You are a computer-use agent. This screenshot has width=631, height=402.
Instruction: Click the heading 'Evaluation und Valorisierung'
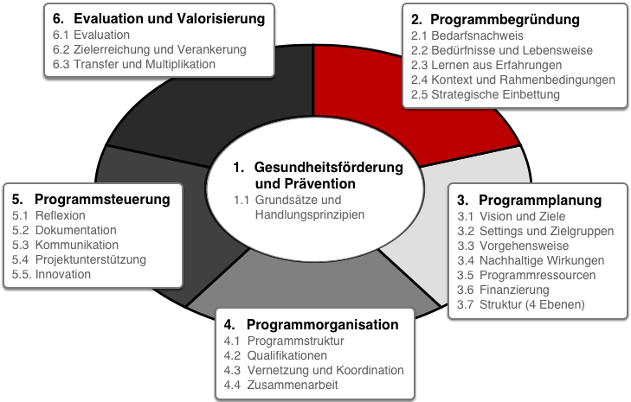point(170,18)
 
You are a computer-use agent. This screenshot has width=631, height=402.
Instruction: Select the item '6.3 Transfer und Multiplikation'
point(134,64)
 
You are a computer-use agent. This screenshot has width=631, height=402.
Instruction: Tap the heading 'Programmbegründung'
point(505,19)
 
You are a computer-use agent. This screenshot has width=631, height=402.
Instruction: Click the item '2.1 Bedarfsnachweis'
point(467,35)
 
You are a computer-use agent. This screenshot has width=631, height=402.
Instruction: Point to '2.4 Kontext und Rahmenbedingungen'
point(513,80)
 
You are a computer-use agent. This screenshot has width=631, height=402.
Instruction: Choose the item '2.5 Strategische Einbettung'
point(486,94)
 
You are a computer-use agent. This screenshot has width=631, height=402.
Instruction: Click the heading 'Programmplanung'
point(540,200)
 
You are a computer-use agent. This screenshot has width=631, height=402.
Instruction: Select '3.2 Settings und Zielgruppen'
point(536,231)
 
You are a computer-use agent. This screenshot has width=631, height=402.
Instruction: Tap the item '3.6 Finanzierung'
point(503,290)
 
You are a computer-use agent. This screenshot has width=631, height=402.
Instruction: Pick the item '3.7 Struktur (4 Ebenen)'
point(521,304)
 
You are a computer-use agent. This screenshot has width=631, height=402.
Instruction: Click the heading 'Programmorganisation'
point(322,324)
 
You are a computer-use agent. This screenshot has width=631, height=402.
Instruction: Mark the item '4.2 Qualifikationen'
point(275,356)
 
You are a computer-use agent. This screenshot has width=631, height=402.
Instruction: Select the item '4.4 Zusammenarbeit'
point(281,385)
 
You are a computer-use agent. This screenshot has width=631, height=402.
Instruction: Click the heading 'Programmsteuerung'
point(102,200)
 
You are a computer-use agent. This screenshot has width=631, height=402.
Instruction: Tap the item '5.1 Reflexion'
point(48,216)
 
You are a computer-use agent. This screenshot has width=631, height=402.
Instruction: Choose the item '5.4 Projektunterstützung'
point(79,259)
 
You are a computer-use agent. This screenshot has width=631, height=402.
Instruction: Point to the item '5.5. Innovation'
point(52,275)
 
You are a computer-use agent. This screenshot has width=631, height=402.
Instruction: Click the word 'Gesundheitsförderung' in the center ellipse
point(328,167)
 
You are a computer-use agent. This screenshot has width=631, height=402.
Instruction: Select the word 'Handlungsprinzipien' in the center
point(310,214)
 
